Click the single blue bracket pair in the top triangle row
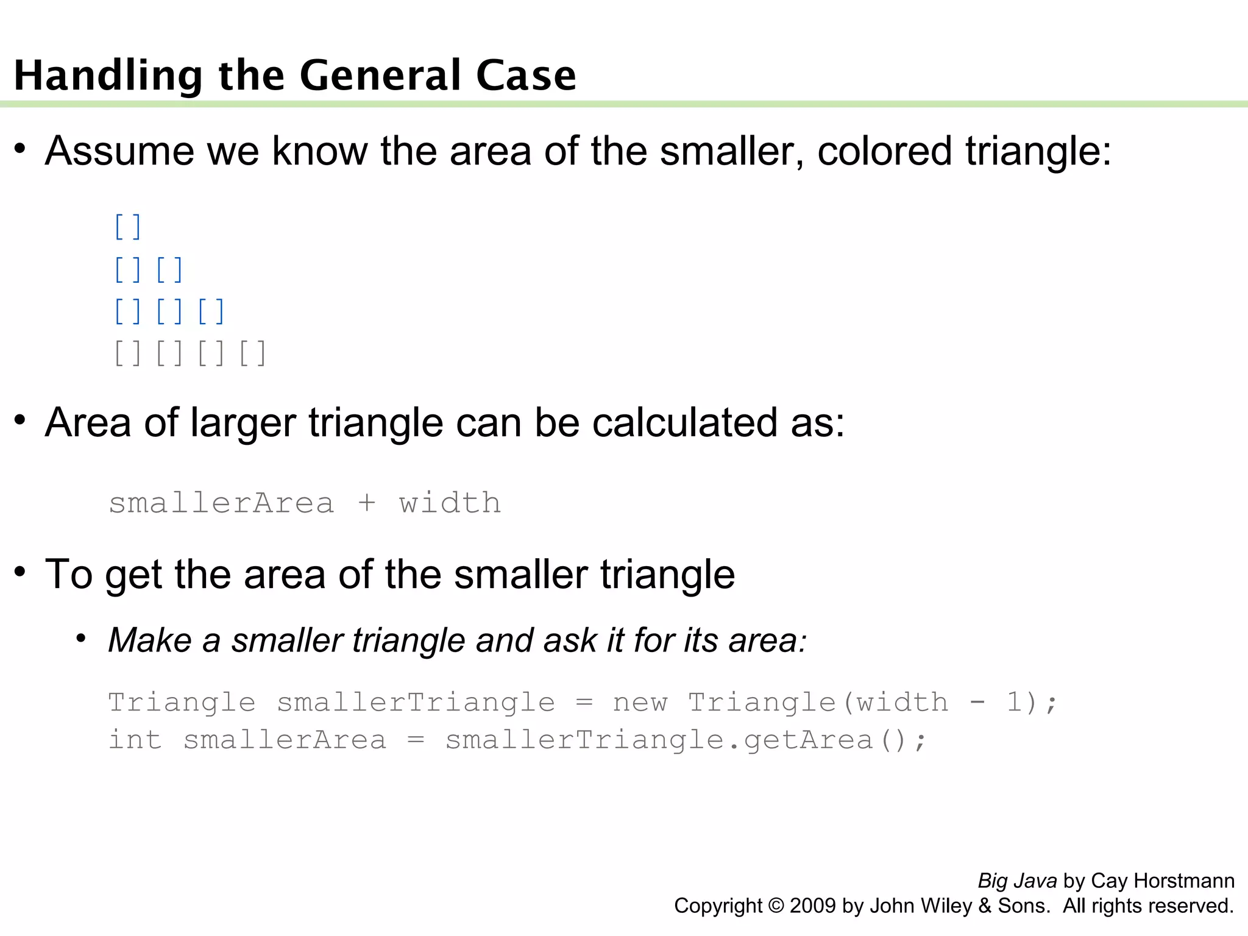click(128, 227)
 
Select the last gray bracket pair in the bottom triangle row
click(252, 353)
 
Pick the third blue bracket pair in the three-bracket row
click(211, 311)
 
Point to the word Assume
click(119, 151)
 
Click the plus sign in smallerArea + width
click(367, 503)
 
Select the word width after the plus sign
click(450, 503)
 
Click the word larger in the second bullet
click(243, 423)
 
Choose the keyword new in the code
click(640, 702)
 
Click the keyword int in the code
click(135, 740)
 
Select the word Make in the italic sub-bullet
click(150, 640)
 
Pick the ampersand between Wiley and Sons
click(985, 906)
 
